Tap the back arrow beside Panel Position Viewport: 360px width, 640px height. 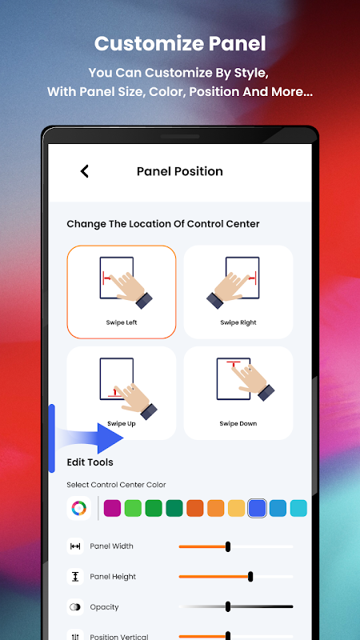click(x=85, y=171)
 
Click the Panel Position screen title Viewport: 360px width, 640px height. click(x=180, y=171)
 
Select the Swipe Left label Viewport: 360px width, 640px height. click(x=122, y=322)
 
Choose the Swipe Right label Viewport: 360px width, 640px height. click(x=238, y=322)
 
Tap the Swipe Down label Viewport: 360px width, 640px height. click(x=238, y=424)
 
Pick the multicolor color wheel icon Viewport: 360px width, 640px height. click(x=78, y=509)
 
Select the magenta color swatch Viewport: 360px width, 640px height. click(x=112, y=509)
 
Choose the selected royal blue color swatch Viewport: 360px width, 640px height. click(x=257, y=509)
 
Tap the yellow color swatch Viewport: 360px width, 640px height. click(x=236, y=509)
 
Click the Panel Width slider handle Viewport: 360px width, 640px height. click(x=228, y=546)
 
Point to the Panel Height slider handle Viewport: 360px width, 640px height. click(x=250, y=577)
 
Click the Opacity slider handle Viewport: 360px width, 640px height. click(x=228, y=607)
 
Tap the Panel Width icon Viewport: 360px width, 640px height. click(x=75, y=546)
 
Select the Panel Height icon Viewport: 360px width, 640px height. click(x=75, y=577)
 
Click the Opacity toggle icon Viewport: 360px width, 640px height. click(x=75, y=607)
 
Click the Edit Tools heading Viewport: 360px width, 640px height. click(x=90, y=462)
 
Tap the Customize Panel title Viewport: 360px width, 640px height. click(x=180, y=44)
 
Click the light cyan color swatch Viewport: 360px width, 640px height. click(x=298, y=509)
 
